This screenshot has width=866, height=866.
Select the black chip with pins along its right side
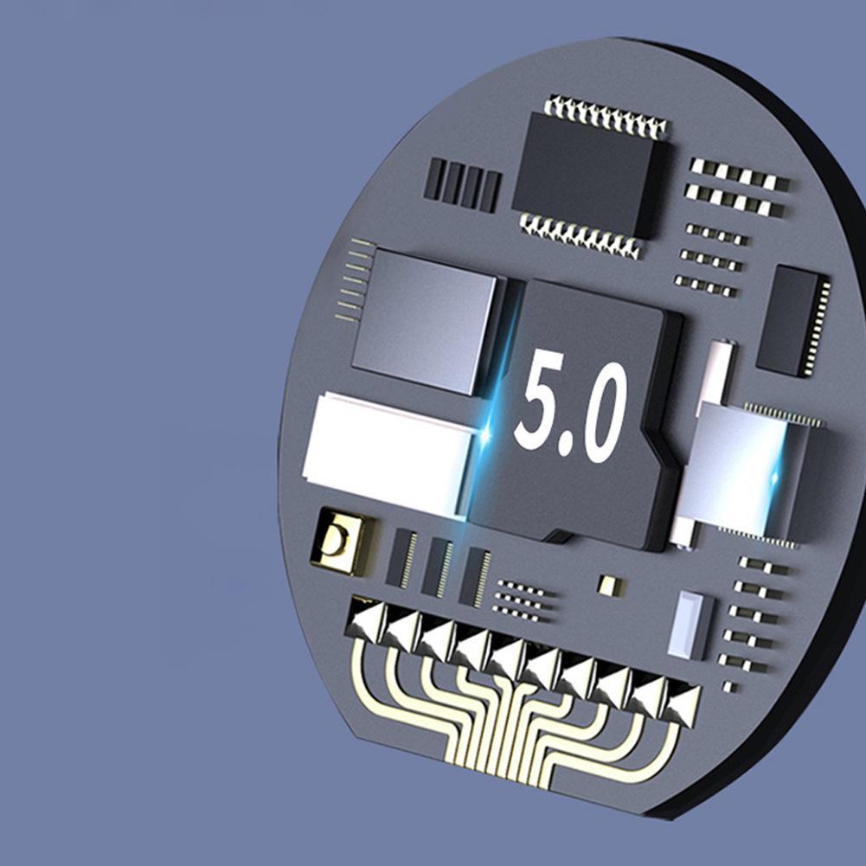click(x=792, y=320)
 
